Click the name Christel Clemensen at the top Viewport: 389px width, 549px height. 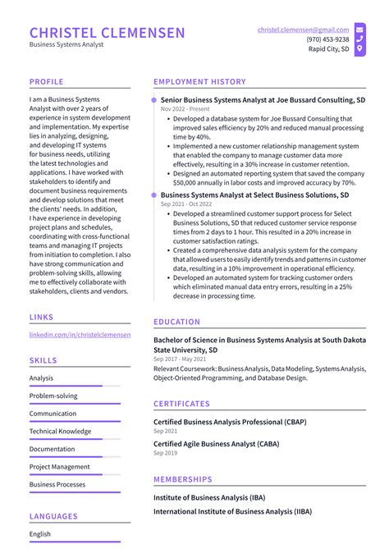[x=108, y=33]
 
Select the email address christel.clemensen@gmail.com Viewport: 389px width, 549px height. [x=303, y=29]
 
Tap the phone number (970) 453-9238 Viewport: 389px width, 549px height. [x=327, y=39]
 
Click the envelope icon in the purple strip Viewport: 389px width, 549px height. [x=359, y=29]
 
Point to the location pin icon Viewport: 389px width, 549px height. [x=359, y=49]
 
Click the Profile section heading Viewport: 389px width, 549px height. [x=47, y=82]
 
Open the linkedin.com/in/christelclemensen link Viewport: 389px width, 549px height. [x=80, y=335]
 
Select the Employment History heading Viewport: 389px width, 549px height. [x=199, y=82]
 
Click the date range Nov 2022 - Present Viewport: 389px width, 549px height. [x=185, y=109]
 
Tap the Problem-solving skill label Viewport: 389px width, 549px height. [x=53, y=396]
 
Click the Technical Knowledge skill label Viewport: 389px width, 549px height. [x=60, y=431]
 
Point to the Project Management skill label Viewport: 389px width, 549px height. [x=59, y=467]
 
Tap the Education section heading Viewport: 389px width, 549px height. [x=176, y=323]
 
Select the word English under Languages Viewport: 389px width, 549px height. [x=40, y=534]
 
